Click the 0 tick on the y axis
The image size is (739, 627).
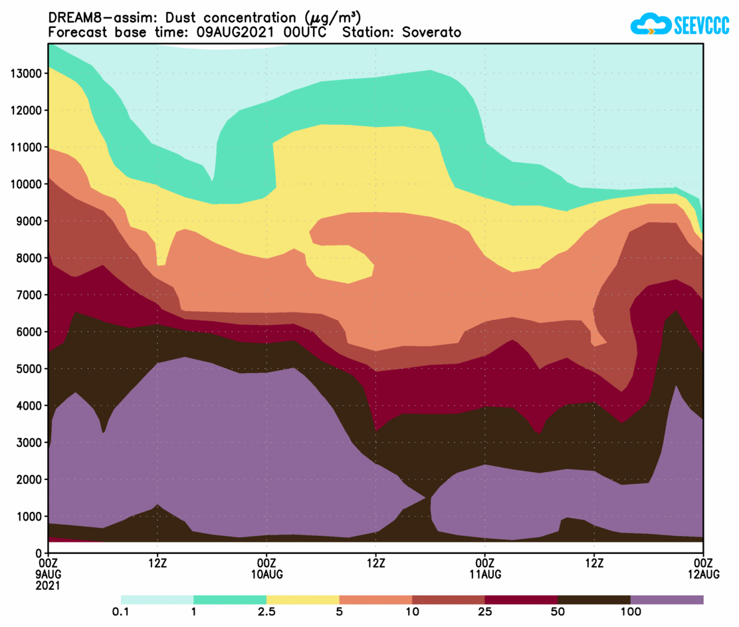pos(39,553)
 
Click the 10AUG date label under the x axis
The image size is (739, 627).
pos(266,574)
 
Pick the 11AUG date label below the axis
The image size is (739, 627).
pos(485,574)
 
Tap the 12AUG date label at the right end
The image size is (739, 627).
pos(703,574)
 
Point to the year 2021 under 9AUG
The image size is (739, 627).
pos(49,586)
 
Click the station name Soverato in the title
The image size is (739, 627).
pos(431,33)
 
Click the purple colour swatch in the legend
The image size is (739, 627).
pos(667,600)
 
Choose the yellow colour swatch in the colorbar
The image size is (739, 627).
pos(302,600)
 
